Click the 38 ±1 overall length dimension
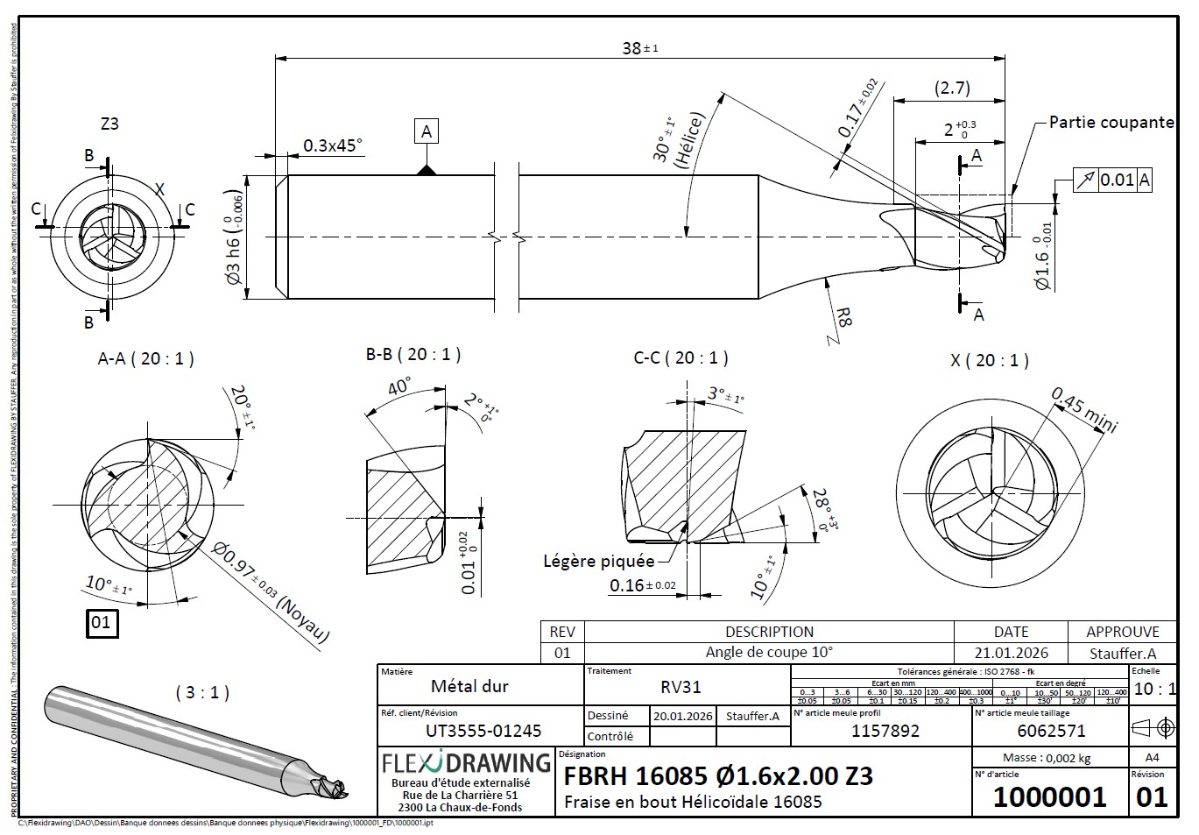[x=639, y=48]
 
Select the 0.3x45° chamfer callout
[x=333, y=145]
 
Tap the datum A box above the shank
[x=427, y=131]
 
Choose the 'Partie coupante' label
[x=1111, y=123]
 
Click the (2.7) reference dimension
[x=952, y=88]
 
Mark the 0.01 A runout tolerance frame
[x=1112, y=180]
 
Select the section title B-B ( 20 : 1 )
[x=413, y=355]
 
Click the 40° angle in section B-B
[x=399, y=386]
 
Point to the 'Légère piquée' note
[x=598, y=561]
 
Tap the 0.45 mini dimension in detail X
[x=1084, y=409]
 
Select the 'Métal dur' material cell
[x=469, y=687]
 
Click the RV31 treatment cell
[x=681, y=688]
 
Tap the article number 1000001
[x=1049, y=797]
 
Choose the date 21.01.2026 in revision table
[x=1011, y=654]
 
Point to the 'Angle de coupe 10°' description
[x=769, y=653]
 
